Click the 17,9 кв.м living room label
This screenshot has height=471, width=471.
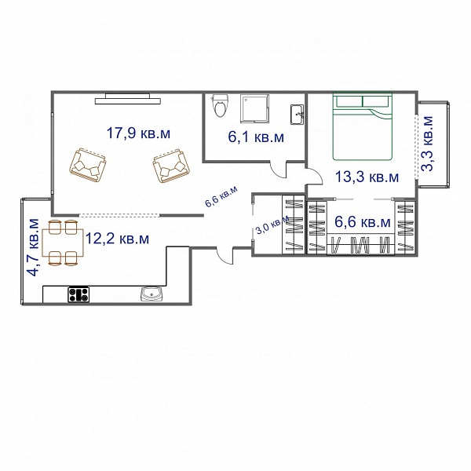pyautogui.click(x=138, y=133)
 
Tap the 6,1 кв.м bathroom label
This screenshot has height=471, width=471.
pyautogui.click(x=256, y=137)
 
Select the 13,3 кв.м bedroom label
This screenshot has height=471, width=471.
pyautogui.click(x=367, y=177)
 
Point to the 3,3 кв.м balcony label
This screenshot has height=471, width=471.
pyautogui.click(x=427, y=144)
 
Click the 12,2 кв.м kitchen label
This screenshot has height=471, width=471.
pyautogui.click(x=117, y=239)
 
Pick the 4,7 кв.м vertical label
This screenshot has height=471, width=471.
pyautogui.click(x=33, y=247)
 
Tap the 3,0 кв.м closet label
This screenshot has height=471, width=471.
pyautogui.click(x=272, y=225)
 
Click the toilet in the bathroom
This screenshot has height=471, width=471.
pyautogui.click(x=220, y=105)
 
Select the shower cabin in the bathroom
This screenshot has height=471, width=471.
pyautogui.click(x=254, y=108)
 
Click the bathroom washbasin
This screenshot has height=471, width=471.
pyautogui.click(x=297, y=115)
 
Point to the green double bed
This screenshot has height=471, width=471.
pyautogui.click(x=363, y=126)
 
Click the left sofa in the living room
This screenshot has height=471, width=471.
pyautogui.click(x=88, y=165)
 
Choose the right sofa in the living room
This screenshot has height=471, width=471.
pyautogui.click(x=171, y=166)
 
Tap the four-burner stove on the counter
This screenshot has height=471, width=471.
pyautogui.click(x=78, y=294)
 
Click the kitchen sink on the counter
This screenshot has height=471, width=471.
pyautogui.click(x=152, y=294)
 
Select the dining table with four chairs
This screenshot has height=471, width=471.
pyautogui.click(x=63, y=243)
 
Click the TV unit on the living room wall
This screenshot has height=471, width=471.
pyautogui.click(x=127, y=99)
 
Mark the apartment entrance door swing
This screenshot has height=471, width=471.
pyautogui.click(x=225, y=256)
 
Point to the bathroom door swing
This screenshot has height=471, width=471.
pyautogui.click(x=278, y=170)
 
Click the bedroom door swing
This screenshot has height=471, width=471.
pyautogui.click(x=314, y=177)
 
